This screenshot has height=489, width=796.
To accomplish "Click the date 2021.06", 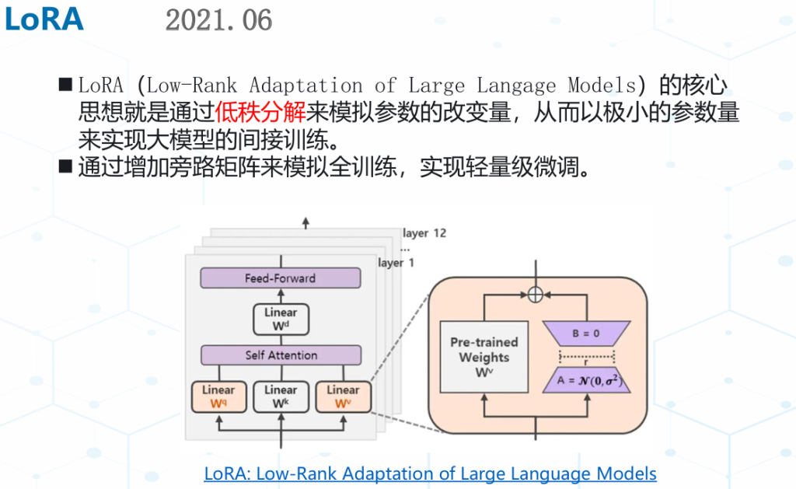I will tap(218, 20).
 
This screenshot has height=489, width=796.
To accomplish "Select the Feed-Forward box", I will tap(281, 278).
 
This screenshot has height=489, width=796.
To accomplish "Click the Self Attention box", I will tap(281, 355).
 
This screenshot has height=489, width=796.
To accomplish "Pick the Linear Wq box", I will tap(218, 396).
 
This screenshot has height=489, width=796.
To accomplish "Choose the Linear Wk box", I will tap(281, 396).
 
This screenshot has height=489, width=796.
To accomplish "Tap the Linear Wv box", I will tap(343, 396).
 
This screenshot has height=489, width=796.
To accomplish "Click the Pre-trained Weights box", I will tap(484, 357).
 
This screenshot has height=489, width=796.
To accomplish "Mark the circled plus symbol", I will tap(534, 295).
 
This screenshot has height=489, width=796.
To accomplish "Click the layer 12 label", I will tap(424, 233).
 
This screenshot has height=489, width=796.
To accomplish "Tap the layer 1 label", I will tap(396, 263).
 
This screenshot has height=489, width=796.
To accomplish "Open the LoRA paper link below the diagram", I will tap(430, 473).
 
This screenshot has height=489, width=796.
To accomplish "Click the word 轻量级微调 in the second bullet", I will tap(544, 167).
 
